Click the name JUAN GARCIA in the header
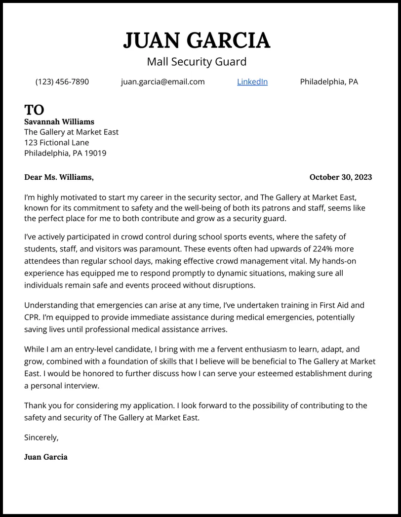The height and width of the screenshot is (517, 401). click(197, 40)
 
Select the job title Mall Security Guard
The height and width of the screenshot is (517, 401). click(197, 62)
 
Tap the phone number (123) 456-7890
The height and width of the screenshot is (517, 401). click(62, 81)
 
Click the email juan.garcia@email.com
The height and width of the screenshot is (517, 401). click(162, 81)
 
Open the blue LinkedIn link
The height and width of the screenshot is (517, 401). click(252, 81)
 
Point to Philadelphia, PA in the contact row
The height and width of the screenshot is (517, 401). click(329, 81)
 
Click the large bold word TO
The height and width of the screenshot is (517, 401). click(34, 109)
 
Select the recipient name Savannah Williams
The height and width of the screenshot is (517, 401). click(59, 121)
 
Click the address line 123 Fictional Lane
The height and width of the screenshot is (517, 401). click(57, 143)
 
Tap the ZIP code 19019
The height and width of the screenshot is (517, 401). click(95, 153)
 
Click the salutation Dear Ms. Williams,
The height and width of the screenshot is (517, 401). click(59, 177)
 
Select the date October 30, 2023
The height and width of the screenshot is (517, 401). click(340, 177)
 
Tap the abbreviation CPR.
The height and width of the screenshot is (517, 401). click(32, 317)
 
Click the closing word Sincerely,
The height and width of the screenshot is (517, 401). click(41, 437)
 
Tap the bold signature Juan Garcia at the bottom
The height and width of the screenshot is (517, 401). click(46, 457)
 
